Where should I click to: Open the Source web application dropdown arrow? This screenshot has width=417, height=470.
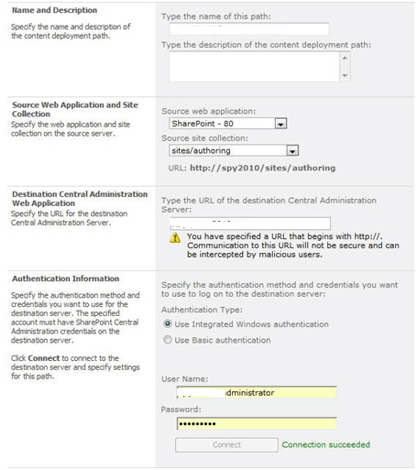tap(281, 123)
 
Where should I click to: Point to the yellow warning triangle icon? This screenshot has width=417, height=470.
tap(175, 237)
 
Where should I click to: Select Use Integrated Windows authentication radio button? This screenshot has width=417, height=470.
tap(167, 323)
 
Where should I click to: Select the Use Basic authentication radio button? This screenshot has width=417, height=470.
tap(167, 340)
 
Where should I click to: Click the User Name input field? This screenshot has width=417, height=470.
tap(256, 393)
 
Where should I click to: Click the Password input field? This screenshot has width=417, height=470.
tap(256, 423)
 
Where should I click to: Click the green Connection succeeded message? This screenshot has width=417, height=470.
tap(325, 444)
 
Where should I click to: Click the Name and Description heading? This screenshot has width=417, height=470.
tap(54, 11)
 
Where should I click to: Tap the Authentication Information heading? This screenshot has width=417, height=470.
tap(65, 279)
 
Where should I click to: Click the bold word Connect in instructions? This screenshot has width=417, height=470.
tap(44, 358)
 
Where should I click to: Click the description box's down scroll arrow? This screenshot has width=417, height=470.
tap(345, 76)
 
